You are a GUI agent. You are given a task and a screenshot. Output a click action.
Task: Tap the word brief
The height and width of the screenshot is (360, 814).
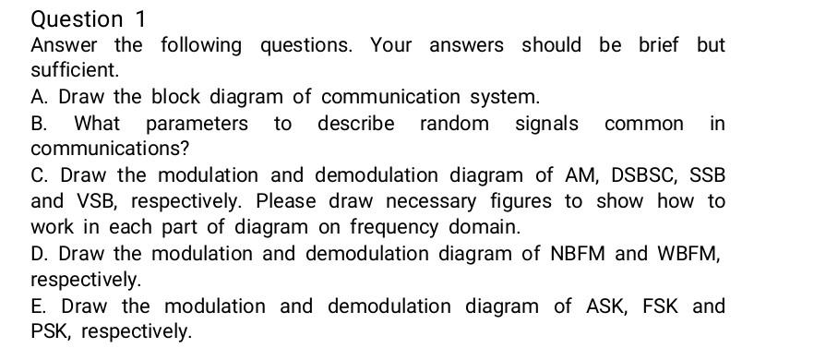pyautogui.click(x=658, y=45)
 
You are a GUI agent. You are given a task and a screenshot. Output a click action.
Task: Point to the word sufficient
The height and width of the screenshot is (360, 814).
pyautogui.click(x=74, y=70)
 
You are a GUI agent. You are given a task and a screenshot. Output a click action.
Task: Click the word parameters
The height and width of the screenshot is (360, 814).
pyautogui.click(x=197, y=124)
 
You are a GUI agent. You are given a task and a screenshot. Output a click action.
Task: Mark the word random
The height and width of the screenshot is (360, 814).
pyautogui.click(x=454, y=124)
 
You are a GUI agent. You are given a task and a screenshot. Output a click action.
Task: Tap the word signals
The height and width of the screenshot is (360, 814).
pyautogui.click(x=546, y=124)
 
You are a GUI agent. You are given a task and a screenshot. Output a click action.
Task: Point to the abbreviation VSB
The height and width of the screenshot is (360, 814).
pyautogui.click(x=89, y=201)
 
